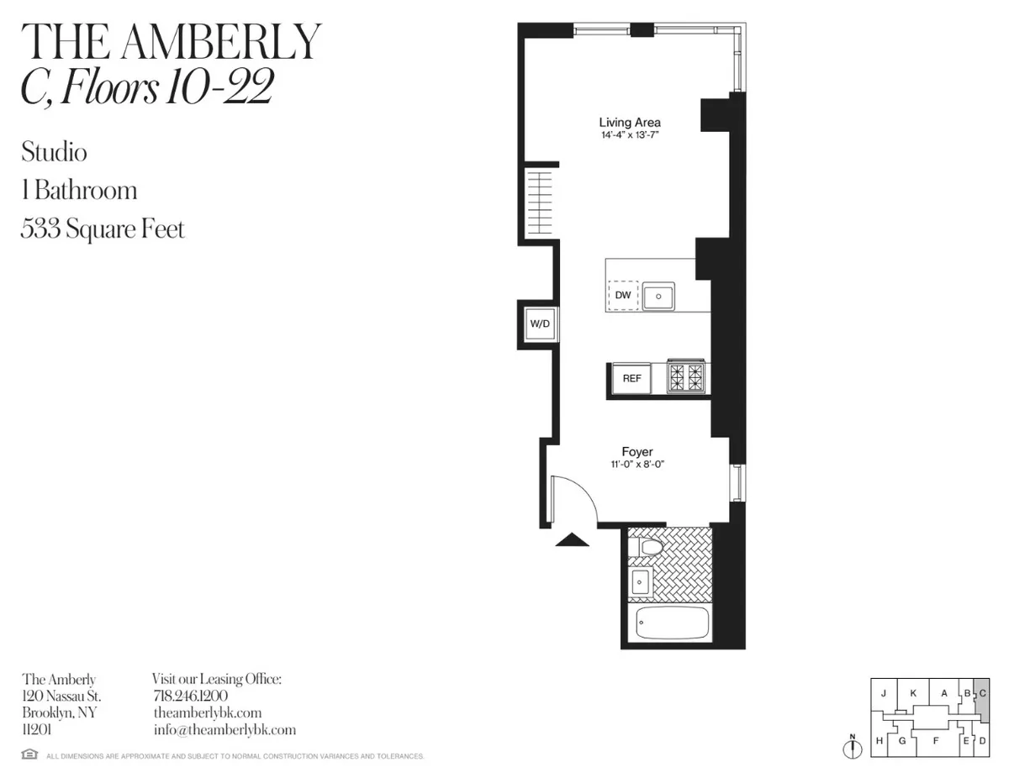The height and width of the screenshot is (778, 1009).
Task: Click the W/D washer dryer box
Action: (x=538, y=323)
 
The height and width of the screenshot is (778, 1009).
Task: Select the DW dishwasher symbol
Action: (x=622, y=296)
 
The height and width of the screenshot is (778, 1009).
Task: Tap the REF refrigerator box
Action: (x=631, y=378)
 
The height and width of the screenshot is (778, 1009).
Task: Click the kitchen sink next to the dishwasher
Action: (x=661, y=296)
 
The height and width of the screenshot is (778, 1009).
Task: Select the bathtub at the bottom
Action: (x=672, y=624)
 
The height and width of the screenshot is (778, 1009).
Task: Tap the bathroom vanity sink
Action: (x=641, y=581)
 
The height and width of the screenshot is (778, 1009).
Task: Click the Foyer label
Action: (x=637, y=452)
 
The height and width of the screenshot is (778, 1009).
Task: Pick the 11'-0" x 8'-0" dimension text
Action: (x=637, y=465)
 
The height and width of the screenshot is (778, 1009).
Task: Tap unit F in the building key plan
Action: (x=935, y=740)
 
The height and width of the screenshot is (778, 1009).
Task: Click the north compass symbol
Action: (x=852, y=746)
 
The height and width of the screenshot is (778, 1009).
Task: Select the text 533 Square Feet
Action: (x=103, y=229)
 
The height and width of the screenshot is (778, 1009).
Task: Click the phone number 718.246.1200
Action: (x=190, y=697)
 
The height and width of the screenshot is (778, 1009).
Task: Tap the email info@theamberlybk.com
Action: (x=224, y=730)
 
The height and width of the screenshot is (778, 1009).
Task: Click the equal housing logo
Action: (x=29, y=755)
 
